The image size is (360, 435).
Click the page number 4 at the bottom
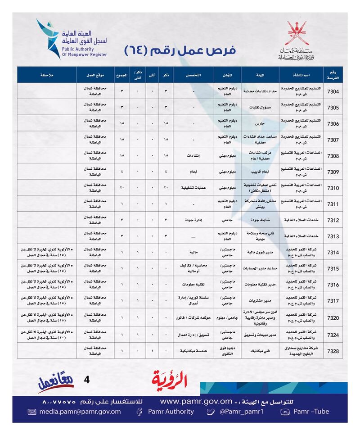coord(87,380)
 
